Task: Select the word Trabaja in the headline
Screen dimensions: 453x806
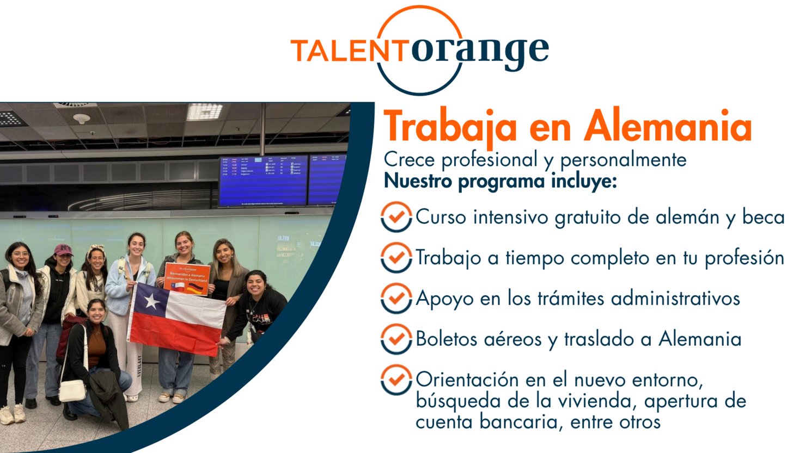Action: (x=450, y=127)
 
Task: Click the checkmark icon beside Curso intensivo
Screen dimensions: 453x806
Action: (x=396, y=217)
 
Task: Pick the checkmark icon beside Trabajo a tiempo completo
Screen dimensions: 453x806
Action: (x=396, y=257)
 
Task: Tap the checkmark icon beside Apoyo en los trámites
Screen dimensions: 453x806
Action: (x=396, y=298)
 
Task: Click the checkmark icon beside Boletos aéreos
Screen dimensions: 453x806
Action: (x=396, y=339)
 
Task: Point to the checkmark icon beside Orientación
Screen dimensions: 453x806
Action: (x=396, y=380)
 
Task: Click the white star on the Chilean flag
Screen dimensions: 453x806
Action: (x=151, y=301)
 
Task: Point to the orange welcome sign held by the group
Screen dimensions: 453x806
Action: (x=187, y=278)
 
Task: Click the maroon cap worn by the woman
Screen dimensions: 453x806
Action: (x=63, y=250)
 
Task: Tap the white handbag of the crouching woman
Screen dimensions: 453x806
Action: (x=72, y=390)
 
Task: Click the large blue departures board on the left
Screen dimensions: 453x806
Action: (x=263, y=182)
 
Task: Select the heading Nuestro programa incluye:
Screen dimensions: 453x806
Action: (x=500, y=181)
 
